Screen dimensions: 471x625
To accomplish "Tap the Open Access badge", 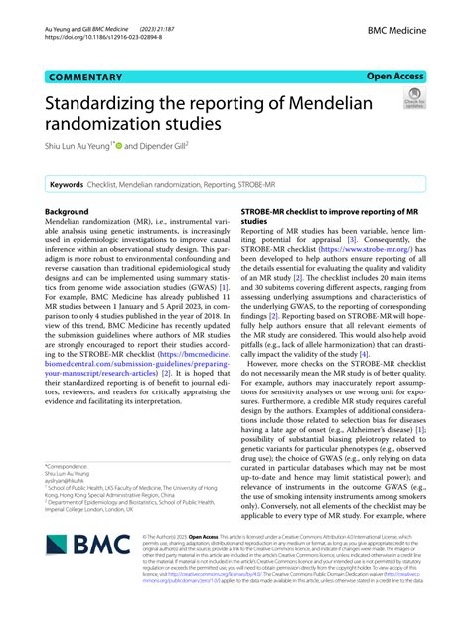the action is (x=394, y=76).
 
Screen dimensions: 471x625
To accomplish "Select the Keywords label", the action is (x=69, y=185).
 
